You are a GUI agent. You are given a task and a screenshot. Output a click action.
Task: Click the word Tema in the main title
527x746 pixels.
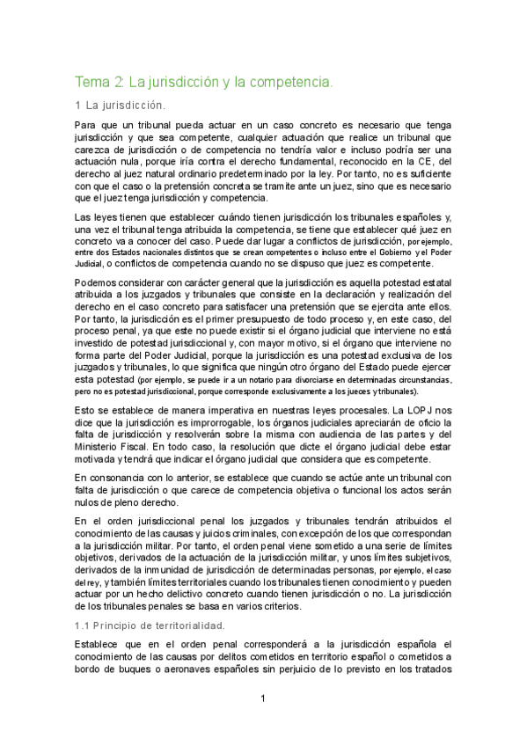point(91,83)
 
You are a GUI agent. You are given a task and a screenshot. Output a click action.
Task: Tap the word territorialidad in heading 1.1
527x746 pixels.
point(184,625)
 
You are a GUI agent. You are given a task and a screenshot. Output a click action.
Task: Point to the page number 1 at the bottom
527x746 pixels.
point(263,698)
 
